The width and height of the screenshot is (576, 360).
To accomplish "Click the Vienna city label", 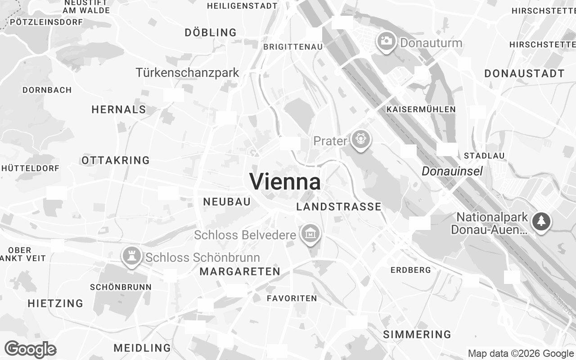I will (285, 182).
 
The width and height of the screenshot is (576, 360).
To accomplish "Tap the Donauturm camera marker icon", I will (386, 41).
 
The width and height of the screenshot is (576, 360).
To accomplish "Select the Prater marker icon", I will (360, 139).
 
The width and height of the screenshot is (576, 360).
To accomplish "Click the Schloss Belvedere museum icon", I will (310, 234).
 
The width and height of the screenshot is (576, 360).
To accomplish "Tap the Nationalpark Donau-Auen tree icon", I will (541, 221).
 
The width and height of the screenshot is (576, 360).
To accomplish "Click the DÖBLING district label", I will (211, 32).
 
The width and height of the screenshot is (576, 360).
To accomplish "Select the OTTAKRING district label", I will (116, 160).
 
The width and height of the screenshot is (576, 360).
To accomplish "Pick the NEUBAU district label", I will (227, 202).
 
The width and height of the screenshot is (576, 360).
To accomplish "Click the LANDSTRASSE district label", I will (339, 207).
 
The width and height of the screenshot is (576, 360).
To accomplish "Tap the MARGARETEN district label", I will (240, 271).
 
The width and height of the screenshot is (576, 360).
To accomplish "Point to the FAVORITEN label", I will (292, 298).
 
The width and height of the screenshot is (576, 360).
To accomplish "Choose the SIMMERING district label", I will (417, 334).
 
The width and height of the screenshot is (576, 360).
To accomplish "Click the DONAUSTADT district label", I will (525, 74).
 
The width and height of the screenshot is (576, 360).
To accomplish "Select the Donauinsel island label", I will (452, 171).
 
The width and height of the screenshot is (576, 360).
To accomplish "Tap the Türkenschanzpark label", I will (188, 72).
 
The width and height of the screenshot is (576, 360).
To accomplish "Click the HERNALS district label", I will (119, 109).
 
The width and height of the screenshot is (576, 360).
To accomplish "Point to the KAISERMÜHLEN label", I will (421, 109).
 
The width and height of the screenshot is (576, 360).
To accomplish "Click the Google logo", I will (30, 349).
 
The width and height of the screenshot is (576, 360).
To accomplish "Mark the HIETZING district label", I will (56, 303).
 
